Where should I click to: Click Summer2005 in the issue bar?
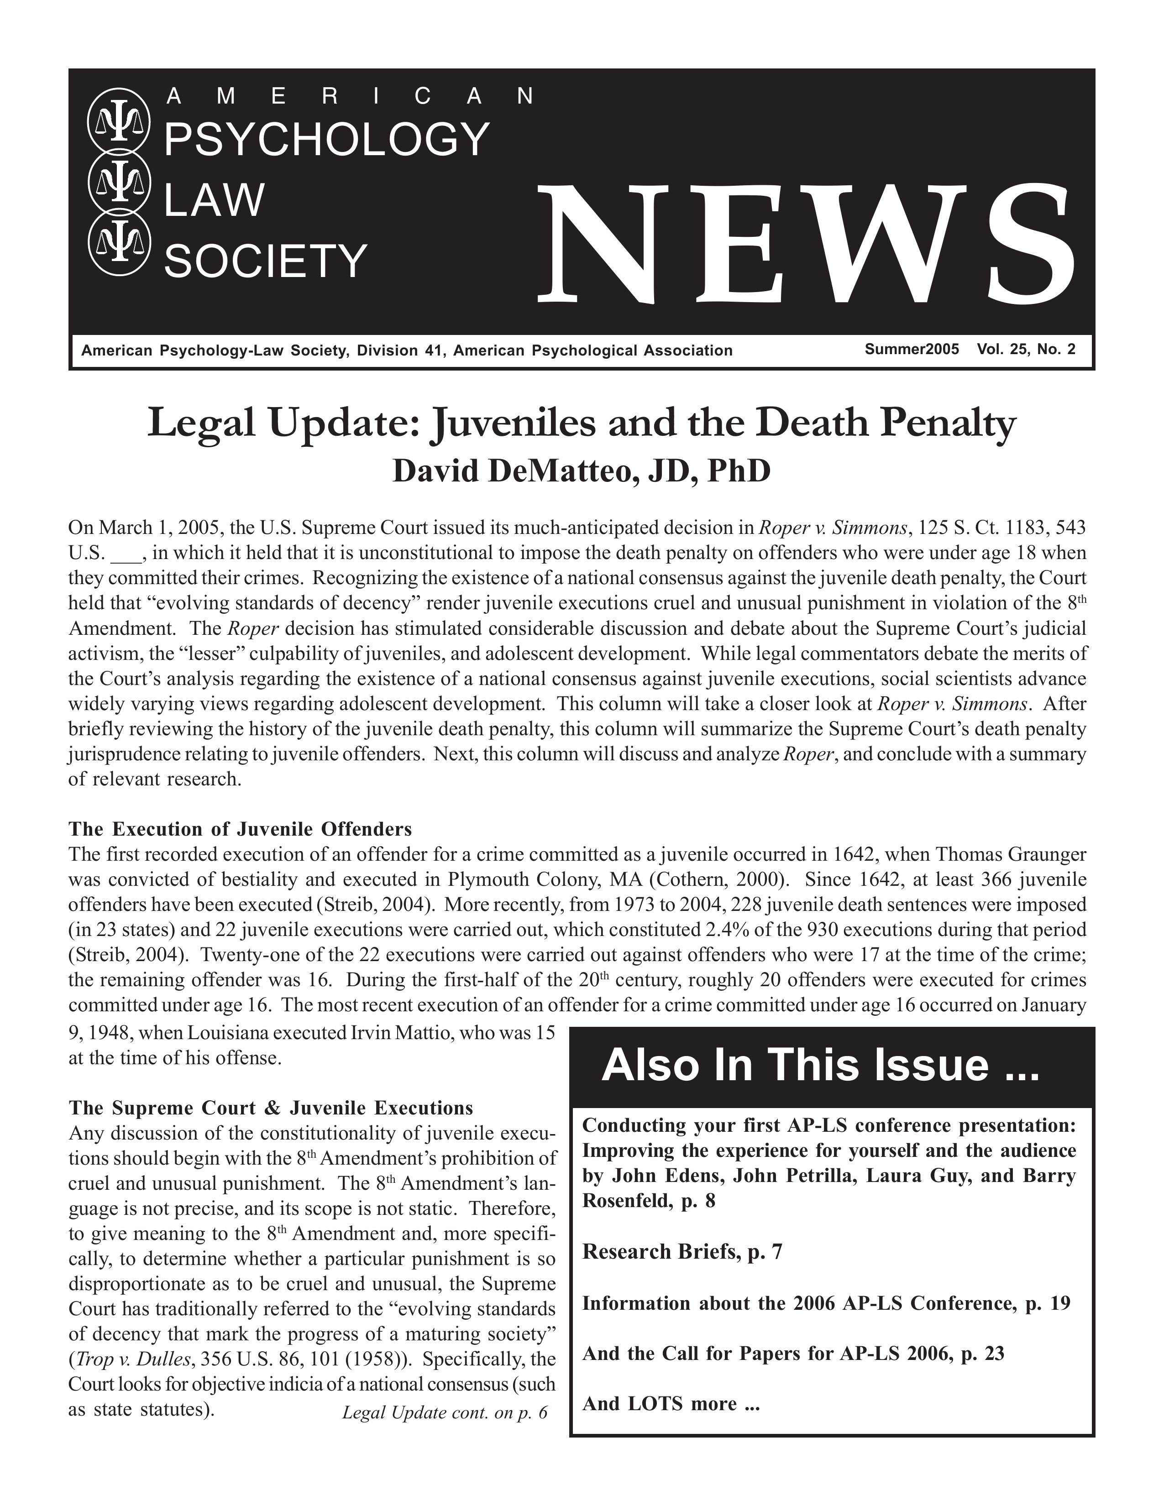[x=912, y=350]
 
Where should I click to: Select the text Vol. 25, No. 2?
[x=1025, y=350]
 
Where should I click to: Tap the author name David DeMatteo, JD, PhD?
[x=581, y=472]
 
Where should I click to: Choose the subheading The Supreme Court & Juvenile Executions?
[x=271, y=1108]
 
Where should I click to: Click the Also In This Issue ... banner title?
[x=819, y=1065]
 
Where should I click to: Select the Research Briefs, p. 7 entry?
[x=682, y=1251]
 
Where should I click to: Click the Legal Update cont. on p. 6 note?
[x=444, y=1412]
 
